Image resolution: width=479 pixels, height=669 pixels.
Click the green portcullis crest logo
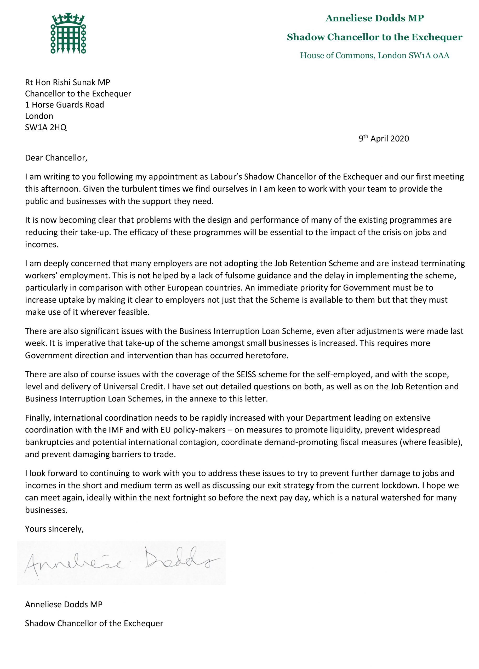pyautogui.click(x=68, y=33)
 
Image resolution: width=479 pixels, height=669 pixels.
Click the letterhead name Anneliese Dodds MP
pyautogui.click(x=375, y=18)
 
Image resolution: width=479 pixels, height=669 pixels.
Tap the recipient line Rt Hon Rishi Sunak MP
pyautogui.click(x=67, y=82)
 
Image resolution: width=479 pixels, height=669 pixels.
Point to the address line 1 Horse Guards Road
pyautogui.click(x=65, y=105)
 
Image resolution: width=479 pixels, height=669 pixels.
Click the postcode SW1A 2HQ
pyautogui.click(x=46, y=127)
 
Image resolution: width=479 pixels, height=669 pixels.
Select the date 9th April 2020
pyautogui.click(x=384, y=139)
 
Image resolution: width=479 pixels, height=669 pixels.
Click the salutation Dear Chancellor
pyautogui.click(x=56, y=158)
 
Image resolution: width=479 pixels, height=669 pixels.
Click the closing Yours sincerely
pyautogui.click(x=54, y=529)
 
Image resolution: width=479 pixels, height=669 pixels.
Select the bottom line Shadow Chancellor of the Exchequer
pyautogui.click(x=94, y=624)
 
